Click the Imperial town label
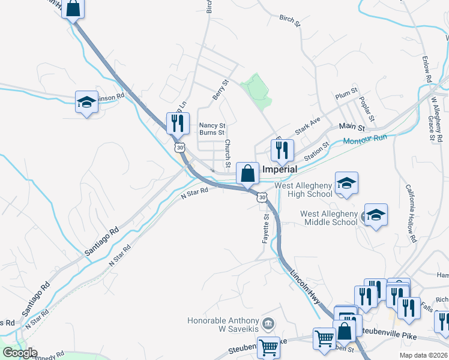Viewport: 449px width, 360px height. pyautogui.click(x=279, y=170)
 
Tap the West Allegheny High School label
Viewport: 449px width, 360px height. pyautogui.click(x=303, y=190)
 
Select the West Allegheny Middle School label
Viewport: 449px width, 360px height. pyautogui.click(x=329, y=218)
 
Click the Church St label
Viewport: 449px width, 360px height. pyautogui.click(x=228, y=154)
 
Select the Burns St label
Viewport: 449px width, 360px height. pyautogui.click(x=212, y=133)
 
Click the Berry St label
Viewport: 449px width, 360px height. pyautogui.click(x=221, y=89)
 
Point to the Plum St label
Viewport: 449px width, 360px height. pyautogui.click(x=346, y=94)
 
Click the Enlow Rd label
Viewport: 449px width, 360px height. pyautogui.click(x=427, y=69)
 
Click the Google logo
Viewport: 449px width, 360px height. pyautogui.click(x=19, y=353)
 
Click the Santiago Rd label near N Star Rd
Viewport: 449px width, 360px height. pyautogui.click(x=101, y=240)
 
